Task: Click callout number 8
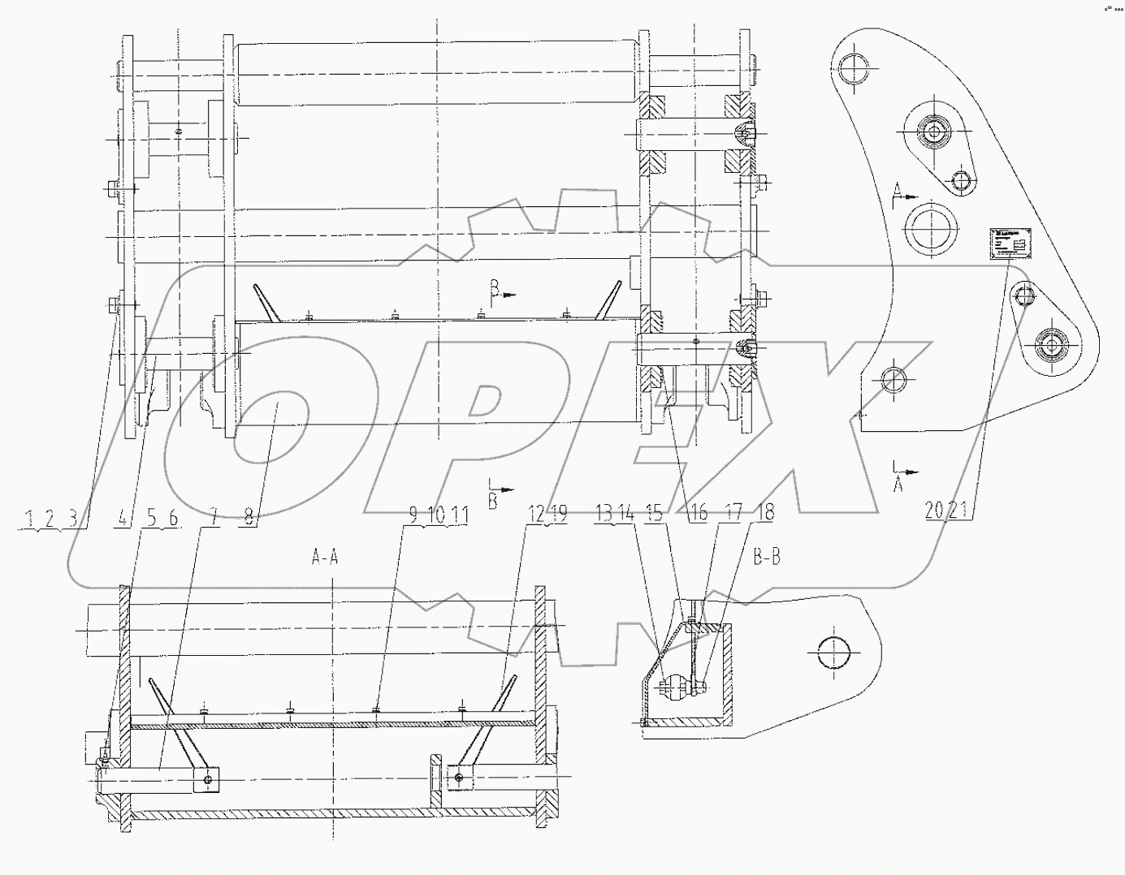(249, 516)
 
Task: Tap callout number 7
(214, 516)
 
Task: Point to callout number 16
(699, 513)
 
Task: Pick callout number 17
(733, 513)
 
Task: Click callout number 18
(764, 513)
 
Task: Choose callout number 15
(653, 513)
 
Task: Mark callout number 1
(29, 516)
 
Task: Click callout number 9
(413, 513)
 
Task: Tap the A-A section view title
(325, 557)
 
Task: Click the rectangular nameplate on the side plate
(1008, 244)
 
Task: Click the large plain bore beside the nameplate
(928, 227)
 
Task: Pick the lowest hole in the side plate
(894, 379)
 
